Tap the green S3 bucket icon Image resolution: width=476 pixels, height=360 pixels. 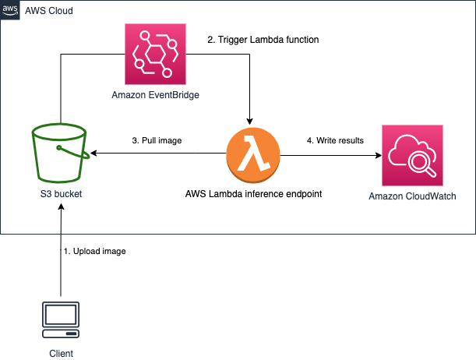pyautogui.click(x=58, y=153)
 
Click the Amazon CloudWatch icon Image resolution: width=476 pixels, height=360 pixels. pyautogui.click(x=412, y=155)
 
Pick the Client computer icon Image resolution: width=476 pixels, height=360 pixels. pyautogui.click(x=62, y=319)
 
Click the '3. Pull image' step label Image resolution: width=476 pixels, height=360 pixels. pyautogui.click(x=157, y=141)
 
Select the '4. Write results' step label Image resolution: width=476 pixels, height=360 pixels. pyautogui.click(x=335, y=141)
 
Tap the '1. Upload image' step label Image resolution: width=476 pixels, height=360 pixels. pyautogui.click(x=94, y=252)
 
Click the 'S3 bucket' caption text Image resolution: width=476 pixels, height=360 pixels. pyautogui.click(x=58, y=194)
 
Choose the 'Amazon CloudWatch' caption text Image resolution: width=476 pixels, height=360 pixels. pyautogui.click(x=412, y=196)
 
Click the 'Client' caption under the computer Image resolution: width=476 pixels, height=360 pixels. pyautogui.click(x=62, y=354)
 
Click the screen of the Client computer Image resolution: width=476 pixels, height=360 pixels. pyautogui.click(x=62, y=315)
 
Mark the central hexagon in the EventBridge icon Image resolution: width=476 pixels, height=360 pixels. pyautogui.click(x=155, y=55)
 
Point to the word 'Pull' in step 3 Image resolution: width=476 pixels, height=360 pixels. pyautogui.click(x=150, y=141)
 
